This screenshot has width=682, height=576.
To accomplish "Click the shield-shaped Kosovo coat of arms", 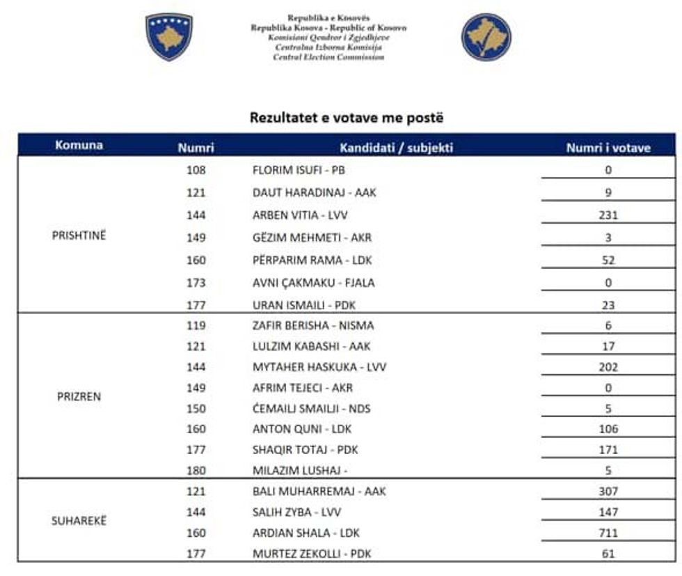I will pyautogui.click(x=168, y=37).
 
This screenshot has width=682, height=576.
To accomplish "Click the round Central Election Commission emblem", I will pyautogui.click(x=486, y=37).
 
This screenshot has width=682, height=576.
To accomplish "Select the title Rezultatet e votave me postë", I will pyautogui.click(x=346, y=118).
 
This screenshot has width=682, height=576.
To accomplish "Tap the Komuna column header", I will pyautogui.click(x=79, y=146).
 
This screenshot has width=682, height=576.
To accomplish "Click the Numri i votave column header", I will pyautogui.click(x=608, y=148).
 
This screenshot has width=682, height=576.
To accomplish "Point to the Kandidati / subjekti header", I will pyautogui.click(x=396, y=148).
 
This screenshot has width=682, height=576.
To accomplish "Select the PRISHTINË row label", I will pyautogui.click(x=79, y=235).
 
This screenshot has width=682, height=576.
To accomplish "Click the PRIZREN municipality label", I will pyautogui.click(x=79, y=396).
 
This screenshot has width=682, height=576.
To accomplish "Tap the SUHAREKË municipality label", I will pyautogui.click(x=79, y=521).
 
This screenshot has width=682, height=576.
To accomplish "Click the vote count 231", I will pyautogui.click(x=608, y=215).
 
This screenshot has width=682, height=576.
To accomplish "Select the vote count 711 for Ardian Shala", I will pyautogui.click(x=608, y=533).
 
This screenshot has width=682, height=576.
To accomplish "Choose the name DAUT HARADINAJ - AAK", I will pyautogui.click(x=313, y=192).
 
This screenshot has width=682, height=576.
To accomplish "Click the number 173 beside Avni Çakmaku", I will pyautogui.click(x=196, y=283).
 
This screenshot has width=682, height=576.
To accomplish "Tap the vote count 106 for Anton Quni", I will pyautogui.click(x=608, y=429).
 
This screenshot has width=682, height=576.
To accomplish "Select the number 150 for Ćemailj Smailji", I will pyautogui.click(x=196, y=409).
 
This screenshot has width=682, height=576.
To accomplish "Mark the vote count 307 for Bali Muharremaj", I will pyautogui.click(x=608, y=491).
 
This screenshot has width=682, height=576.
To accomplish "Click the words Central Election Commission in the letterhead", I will pyautogui.click(x=328, y=58).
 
